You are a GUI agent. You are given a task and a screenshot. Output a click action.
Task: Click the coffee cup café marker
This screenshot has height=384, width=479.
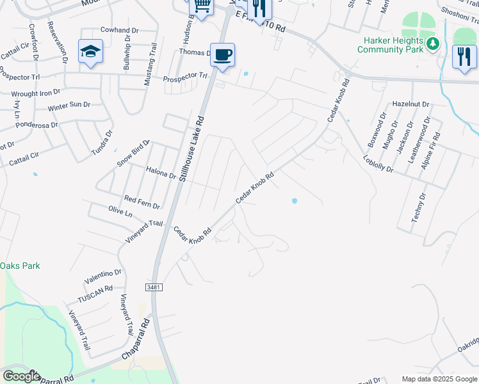222,55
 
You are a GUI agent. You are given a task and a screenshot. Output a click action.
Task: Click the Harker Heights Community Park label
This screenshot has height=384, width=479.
391,45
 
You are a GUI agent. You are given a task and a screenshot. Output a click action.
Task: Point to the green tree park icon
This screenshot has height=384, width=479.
434,44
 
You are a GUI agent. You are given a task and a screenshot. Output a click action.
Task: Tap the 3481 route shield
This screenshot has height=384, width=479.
154,287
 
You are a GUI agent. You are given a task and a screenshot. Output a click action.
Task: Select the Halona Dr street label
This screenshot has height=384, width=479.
161,173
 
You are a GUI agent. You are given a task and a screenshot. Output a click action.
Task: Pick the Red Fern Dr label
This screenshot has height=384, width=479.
142,202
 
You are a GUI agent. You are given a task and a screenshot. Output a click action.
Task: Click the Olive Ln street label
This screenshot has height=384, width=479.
120,211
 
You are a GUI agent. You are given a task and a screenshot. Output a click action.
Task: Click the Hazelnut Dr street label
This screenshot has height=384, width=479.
410,103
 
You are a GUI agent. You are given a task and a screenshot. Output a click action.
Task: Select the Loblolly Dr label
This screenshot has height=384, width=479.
378,164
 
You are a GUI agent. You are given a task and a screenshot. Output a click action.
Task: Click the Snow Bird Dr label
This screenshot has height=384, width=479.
133,154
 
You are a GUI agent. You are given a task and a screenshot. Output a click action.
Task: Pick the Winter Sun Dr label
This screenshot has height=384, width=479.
69,105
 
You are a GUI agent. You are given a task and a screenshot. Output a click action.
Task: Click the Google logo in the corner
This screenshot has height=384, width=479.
20,376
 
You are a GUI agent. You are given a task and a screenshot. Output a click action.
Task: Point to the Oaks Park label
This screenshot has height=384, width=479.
20,266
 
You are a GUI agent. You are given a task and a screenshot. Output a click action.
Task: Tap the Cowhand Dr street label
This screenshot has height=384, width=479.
120,30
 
